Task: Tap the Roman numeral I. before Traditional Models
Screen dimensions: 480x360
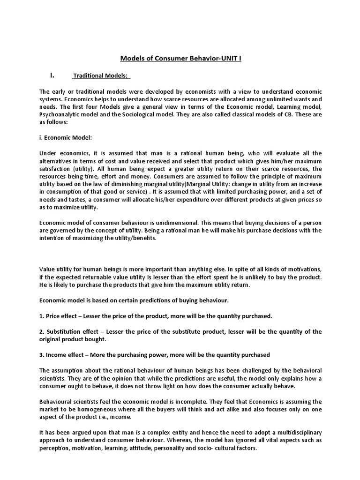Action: (52, 75)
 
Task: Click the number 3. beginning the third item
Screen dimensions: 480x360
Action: (42, 354)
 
